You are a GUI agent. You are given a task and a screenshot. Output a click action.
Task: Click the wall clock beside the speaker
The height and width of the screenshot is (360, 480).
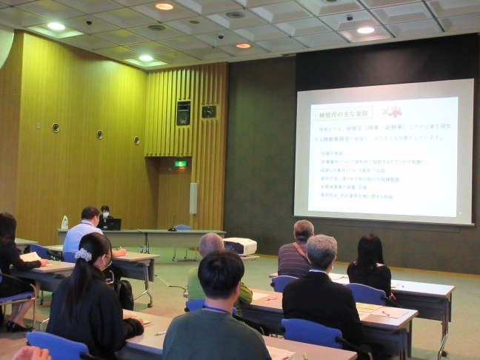[209, 112]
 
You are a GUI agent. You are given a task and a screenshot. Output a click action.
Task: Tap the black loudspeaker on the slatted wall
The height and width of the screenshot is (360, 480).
[184, 113]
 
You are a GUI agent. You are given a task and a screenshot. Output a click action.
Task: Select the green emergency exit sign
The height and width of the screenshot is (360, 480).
[180, 164]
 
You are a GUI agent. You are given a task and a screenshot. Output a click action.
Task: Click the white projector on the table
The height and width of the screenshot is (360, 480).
[241, 246]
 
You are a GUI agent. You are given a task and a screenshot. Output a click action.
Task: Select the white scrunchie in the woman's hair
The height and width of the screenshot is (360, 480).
[83, 255]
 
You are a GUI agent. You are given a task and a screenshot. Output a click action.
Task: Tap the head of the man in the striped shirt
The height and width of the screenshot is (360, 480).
[304, 230]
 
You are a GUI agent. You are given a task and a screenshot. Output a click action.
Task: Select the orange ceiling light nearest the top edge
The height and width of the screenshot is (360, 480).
[164, 6]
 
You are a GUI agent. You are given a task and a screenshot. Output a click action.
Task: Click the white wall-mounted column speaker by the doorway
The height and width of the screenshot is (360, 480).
[193, 198]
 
